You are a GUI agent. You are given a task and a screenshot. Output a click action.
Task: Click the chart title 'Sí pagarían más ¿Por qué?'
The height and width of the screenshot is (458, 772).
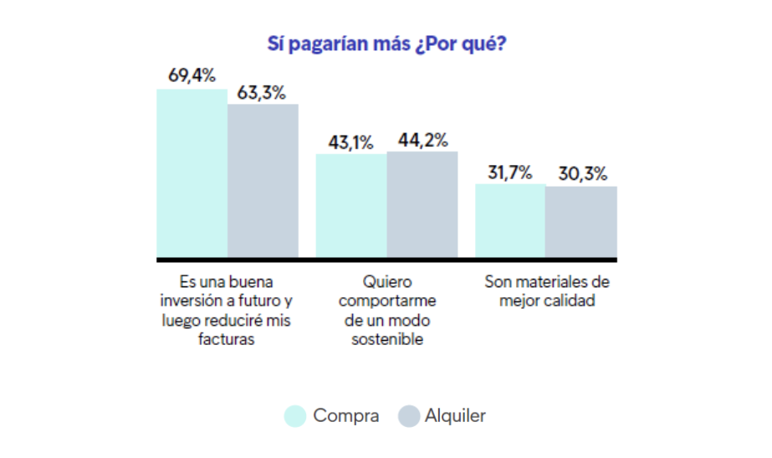coord(386,43)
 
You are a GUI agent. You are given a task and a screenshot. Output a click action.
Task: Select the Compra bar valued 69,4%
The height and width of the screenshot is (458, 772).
coord(192,172)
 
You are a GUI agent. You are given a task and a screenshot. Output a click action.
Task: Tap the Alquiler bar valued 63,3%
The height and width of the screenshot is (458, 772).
coord(263,180)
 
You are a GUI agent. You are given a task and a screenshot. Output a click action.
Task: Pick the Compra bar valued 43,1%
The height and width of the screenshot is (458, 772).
coord(350,205)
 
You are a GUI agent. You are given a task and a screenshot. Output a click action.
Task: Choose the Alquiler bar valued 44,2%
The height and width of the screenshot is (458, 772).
coord(422,203)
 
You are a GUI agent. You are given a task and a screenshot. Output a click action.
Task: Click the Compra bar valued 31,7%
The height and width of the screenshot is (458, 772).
coord(510,220)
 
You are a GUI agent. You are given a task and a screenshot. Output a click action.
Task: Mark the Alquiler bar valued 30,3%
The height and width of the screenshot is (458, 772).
coord(581,221)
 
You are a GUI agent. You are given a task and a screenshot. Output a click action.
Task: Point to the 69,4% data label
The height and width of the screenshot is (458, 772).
coord(192,75)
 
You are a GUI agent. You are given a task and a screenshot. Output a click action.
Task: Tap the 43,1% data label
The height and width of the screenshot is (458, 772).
coord(350,142)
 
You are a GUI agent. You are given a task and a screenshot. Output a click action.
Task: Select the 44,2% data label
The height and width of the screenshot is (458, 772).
coord(422,140)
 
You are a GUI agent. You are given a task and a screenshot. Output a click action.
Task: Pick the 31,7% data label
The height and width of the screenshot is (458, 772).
coord(509,172)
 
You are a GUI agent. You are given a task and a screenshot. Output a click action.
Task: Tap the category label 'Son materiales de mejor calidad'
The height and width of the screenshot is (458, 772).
coord(547,291)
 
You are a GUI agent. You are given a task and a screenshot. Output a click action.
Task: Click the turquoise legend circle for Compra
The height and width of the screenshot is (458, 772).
coord(295,416)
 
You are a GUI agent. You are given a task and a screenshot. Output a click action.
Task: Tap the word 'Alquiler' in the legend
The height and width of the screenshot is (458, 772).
coord(455,416)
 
